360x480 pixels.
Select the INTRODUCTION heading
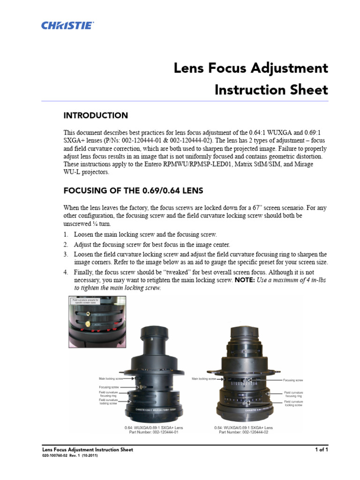pyautogui.click(x=96, y=115)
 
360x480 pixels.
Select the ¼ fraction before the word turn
pyautogui.click(x=92, y=224)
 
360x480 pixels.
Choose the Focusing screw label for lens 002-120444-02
pyautogui.click(x=293, y=380)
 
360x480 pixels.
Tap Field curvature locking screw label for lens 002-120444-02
pyautogui.click(x=293, y=403)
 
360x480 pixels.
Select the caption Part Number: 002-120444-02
pyautogui.click(x=242, y=433)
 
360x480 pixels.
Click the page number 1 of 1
pyautogui.click(x=321, y=450)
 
